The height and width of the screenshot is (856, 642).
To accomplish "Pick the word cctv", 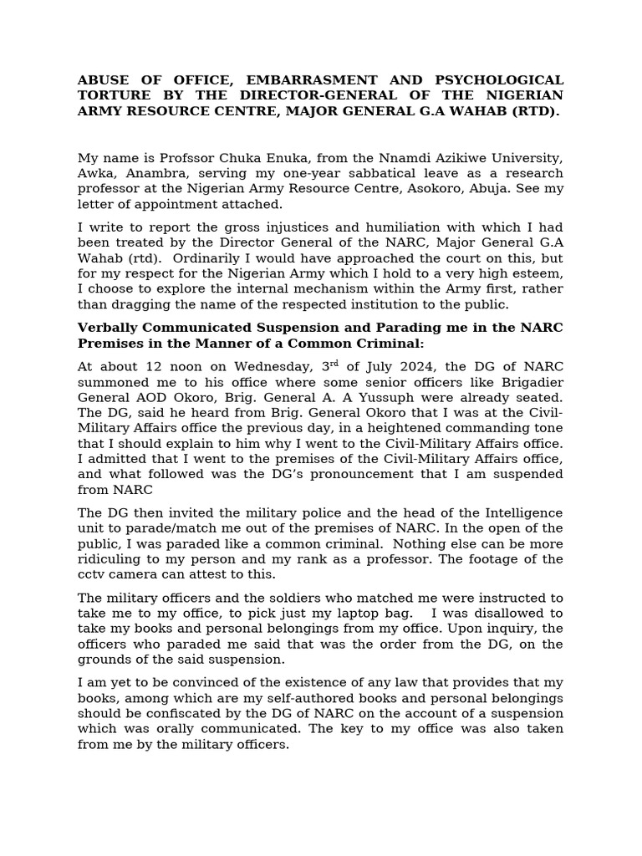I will (x=92, y=574).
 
